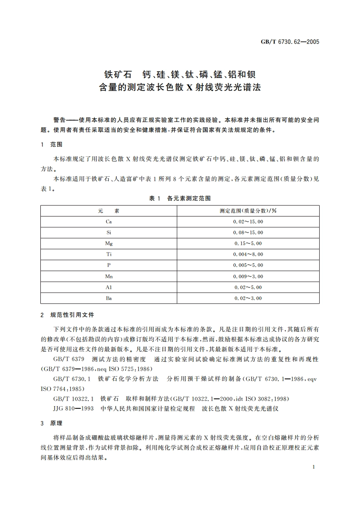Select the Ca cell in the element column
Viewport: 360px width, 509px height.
(109, 222)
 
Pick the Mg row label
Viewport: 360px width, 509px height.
(109, 243)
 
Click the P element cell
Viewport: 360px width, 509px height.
(109, 265)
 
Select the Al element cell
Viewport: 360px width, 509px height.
(109, 287)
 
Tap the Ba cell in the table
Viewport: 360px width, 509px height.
(109, 298)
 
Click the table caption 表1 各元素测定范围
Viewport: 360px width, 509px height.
(180, 199)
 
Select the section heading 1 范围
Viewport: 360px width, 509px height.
(51, 145)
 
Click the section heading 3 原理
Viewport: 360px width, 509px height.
(51, 423)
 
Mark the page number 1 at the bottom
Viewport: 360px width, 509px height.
(313, 467)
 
